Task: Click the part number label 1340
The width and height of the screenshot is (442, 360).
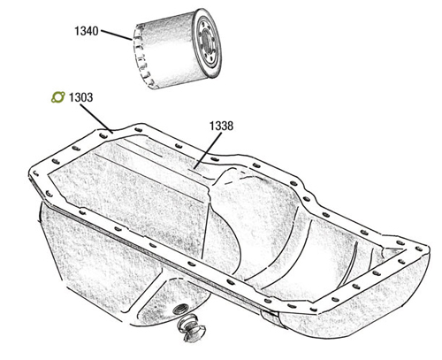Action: point(87,31)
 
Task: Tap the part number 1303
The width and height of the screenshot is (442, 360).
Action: point(80,97)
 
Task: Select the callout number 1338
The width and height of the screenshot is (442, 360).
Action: point(221,126)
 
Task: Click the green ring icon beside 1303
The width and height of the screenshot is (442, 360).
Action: point(57,97)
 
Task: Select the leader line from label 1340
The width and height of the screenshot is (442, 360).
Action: point(117,34)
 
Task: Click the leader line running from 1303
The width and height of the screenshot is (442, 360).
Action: point(96,119)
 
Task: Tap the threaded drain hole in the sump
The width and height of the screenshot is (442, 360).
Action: point(179,309)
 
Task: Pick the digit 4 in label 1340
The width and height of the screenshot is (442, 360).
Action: point(89,31)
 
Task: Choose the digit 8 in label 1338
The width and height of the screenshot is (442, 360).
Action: point(230,126)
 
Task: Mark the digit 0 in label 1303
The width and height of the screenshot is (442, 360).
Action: point(84,97)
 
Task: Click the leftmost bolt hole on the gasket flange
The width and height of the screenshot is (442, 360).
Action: point(35,173)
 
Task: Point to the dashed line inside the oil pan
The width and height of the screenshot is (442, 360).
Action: point(239,176)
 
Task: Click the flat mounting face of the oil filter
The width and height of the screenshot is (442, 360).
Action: point(209,43)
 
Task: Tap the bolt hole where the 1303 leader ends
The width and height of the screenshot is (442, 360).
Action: point(103,135)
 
